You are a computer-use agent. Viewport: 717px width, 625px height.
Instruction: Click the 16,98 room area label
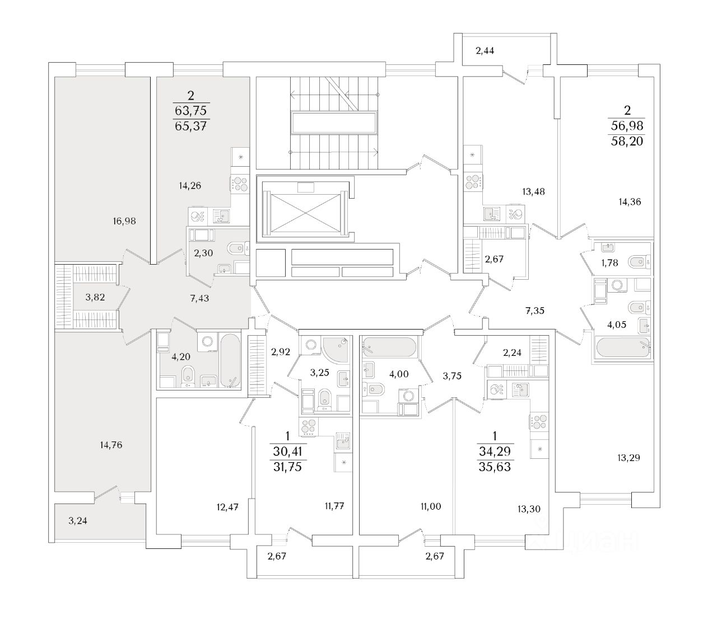point(124,221)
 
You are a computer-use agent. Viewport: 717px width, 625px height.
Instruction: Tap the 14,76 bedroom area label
point(110,445)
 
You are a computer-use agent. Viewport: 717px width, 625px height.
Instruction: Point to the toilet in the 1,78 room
point(639,261)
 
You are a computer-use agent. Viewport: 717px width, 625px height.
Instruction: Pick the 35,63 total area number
point(495,467)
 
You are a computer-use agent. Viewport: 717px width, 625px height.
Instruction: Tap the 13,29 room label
point(628,458)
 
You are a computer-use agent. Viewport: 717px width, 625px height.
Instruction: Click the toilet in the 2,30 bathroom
point(238,247)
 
